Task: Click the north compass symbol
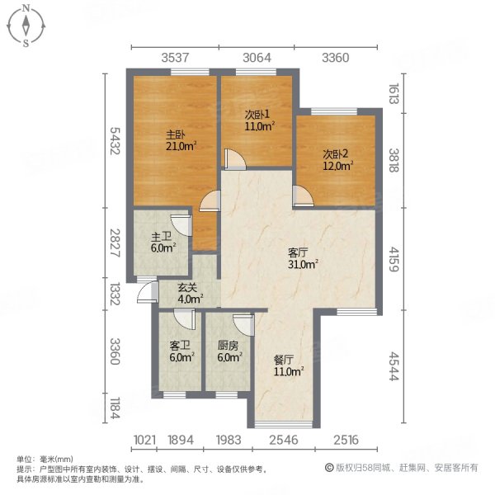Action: tap(26, 25)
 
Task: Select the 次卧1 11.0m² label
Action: tap(259, 121)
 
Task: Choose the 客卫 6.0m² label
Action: tap(181, 352)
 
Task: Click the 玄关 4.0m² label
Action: tap(191, 294)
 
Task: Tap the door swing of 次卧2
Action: tap(303, 193)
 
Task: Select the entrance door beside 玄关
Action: tap(148, 291)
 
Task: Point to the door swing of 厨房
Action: tap(241, 323)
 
